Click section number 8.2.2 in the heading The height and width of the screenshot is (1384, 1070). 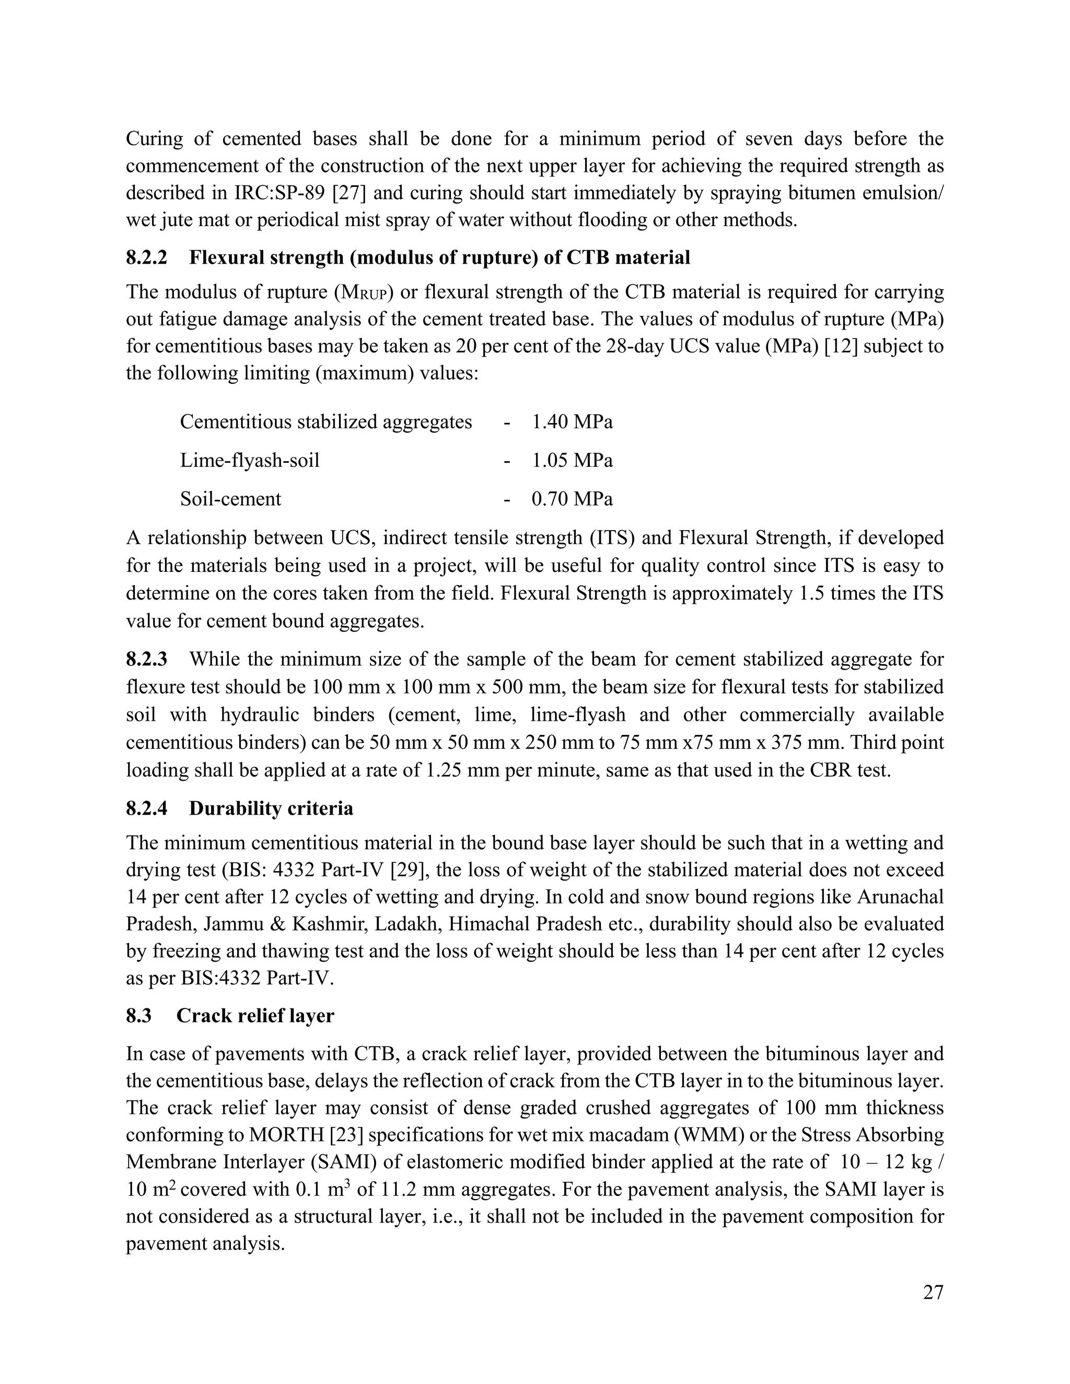click(x=146, y=258)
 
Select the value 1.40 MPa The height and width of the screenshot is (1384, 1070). click(x=572, y=421)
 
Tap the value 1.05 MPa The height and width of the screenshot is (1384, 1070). click(x=572, y=460)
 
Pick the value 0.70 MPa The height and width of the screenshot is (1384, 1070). click(x=572, y=499)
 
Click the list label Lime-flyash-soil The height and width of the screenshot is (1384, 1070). click(x=249, y=460)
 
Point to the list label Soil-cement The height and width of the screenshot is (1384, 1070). click(x=230, y=499)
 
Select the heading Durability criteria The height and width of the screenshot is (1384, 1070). click(x=271, y=808)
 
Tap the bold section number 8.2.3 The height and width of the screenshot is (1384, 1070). click(x=146, y=659)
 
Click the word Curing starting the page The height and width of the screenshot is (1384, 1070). click(x=155, y=138)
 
